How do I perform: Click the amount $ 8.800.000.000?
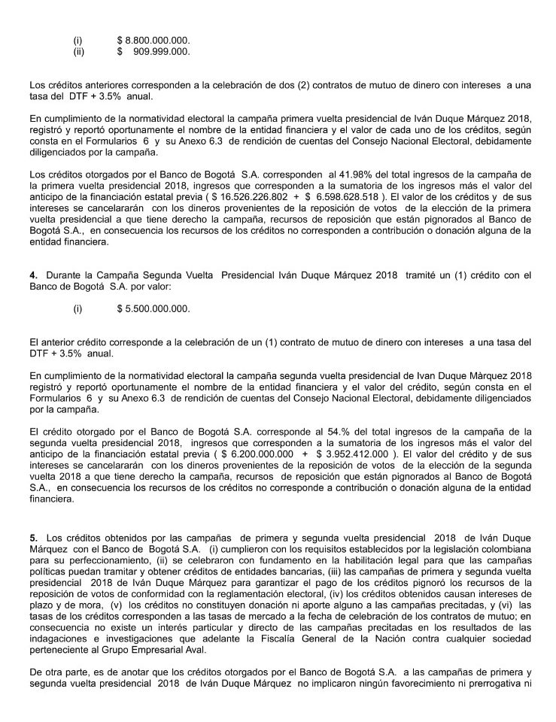click(153, 38)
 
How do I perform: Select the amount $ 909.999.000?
click(153, 51)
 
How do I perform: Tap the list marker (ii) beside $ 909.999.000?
click(78, 51)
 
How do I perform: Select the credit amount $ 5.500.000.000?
click(153, 309)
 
